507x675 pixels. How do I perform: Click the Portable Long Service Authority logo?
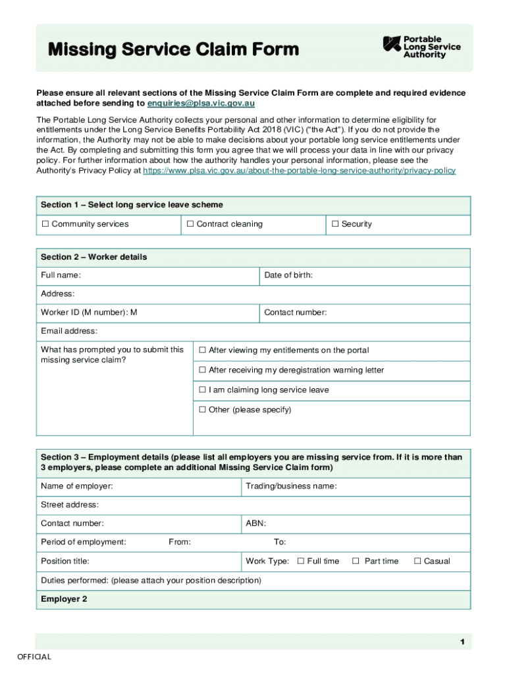click(x=422, y=47)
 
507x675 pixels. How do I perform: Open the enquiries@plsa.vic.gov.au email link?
click(x=201, y=103)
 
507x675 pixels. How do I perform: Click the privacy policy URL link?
click(x=299, y=170)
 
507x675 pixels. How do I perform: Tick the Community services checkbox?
click(x=45, y=224)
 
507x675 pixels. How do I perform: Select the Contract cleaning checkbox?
click(x=190, y=224)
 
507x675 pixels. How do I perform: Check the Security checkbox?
click(x=335, y=224)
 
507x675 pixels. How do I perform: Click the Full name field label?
click(x=61, y=275)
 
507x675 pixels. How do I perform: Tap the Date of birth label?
click(x=288, y=275)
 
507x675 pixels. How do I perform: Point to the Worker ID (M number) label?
click(x=88, y=312)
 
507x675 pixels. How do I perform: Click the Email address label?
click(x=69, y=331)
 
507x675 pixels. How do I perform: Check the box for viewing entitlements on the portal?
click(x=203, y=351)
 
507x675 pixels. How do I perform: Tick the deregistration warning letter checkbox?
click(x=203, y=370)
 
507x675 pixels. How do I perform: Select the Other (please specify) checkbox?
click(x=203, y=410)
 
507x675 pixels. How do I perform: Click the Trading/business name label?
click(x=291, y=486)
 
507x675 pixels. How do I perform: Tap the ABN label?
click(x=255, y=523)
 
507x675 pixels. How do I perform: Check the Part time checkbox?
click(x=356, y=562)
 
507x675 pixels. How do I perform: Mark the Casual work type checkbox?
click(x=417, y=562)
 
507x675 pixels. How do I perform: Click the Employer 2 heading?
click(x=64, y=599)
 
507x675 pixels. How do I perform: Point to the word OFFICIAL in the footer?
click(x=34, y=657)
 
